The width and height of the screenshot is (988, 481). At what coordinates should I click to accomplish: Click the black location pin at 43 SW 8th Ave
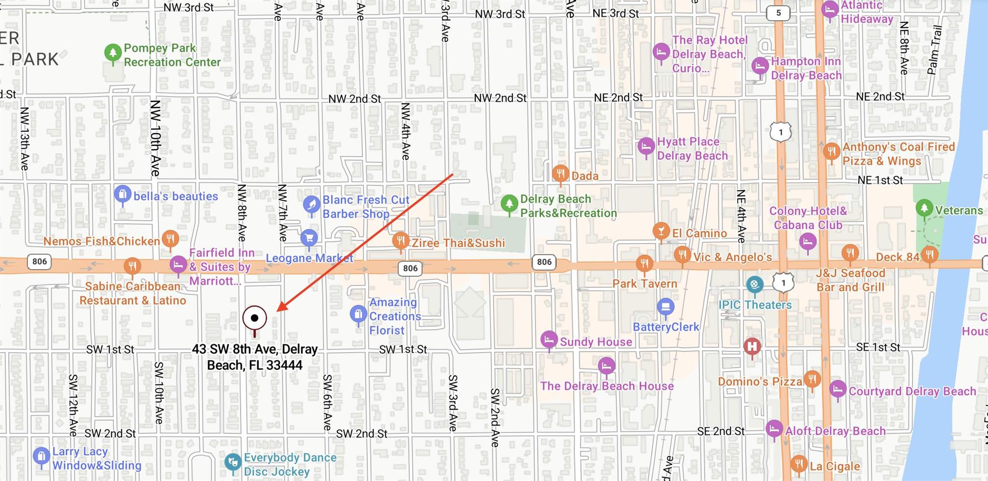click(254, 318)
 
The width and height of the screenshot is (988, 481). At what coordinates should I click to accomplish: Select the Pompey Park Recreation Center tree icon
click(113, 53)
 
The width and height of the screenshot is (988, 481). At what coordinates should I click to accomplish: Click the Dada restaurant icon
click(560, 173)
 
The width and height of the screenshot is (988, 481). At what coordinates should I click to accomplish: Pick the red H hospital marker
click(752, 346)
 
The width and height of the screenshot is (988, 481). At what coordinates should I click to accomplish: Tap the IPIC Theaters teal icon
click(755, 284)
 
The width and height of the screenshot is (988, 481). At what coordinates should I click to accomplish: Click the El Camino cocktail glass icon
click(661, 231)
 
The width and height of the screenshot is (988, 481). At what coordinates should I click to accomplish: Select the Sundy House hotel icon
click(549, 340)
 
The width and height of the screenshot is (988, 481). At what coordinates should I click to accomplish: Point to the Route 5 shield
click(778, 13)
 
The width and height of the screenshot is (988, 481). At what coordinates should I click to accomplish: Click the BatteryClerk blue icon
click(666, 306)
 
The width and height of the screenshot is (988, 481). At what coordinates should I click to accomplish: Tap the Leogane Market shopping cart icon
click(309, 237)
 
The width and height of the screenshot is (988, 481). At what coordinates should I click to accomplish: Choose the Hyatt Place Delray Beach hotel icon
click(646, 146)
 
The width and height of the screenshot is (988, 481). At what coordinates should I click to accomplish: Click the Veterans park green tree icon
click(924, 208)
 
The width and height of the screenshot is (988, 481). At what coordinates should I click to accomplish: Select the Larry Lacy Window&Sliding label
click(96, 458)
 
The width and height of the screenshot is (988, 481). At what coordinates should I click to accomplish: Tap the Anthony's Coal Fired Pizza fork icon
click(831, 151)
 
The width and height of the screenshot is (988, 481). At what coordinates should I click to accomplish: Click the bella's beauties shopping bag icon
click(123, 194)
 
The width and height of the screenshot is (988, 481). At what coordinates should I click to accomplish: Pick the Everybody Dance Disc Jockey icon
click(233, 462)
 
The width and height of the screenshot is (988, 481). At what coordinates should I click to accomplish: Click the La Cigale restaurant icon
click(799, 464)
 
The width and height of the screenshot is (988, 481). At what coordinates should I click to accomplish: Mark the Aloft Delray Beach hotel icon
click(774, 428)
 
